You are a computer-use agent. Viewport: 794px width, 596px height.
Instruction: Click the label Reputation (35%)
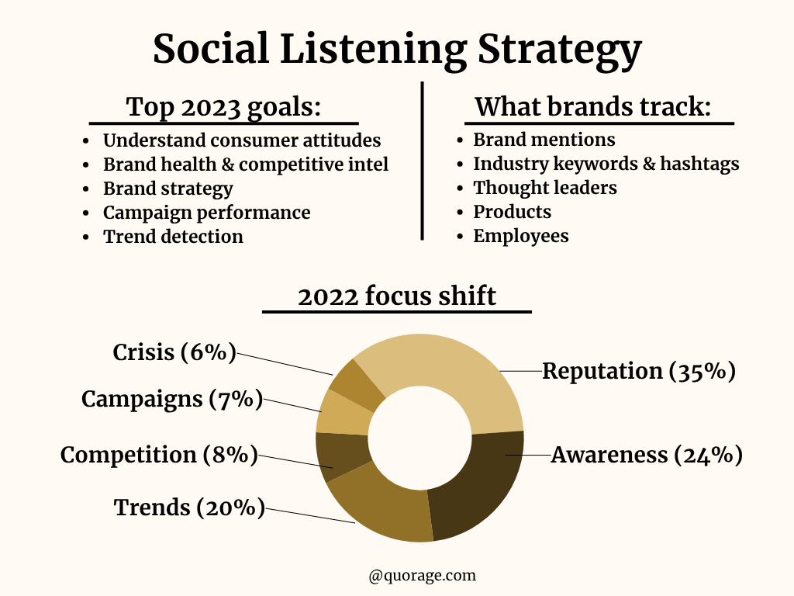[x=638, y=371]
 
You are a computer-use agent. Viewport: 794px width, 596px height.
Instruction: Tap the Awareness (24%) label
[x=647, y=455]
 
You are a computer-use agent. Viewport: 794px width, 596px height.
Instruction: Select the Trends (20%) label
[x=189, y=508]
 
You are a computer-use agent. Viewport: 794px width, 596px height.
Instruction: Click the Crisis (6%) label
[x=174, y=352]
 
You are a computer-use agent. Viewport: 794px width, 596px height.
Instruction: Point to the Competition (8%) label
[x=159, y=455]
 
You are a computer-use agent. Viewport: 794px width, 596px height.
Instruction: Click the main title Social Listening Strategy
[x=397, y=48]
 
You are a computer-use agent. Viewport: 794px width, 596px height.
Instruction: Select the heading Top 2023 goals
[x=223, y=107]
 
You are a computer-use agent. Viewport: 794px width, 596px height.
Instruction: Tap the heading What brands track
[x=593, y=107]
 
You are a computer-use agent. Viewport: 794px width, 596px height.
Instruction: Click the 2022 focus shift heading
[x=397, y=296]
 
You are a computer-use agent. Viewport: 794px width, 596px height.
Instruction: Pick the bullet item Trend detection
[x=173, y=237]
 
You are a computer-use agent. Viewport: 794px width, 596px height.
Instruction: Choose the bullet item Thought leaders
[x=545, y=188]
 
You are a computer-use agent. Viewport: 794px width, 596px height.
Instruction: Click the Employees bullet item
[x=521, y=236]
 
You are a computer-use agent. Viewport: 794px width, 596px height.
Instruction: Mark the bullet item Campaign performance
[x=206, y=213]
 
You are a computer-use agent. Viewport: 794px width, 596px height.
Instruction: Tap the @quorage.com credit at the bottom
[x=423, y=575]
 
